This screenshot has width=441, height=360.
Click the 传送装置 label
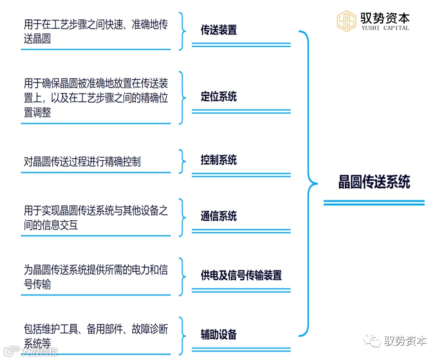click(x=219, y=30)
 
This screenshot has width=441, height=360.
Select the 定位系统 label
click(x=219, y=96)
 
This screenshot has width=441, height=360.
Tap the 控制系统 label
click(x=219, y=160)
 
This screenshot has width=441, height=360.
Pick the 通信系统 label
click(x=219, y=217)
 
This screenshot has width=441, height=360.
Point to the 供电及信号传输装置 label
click(x=241, y=275)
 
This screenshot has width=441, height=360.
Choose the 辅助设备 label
click(x=219, y=334)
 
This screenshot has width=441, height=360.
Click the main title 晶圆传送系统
click(x=374, y=182)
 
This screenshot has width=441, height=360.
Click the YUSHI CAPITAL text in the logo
click(x=385, y=28)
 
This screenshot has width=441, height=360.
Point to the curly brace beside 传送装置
click(x=182, y=31)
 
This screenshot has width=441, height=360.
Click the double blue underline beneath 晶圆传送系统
click(x=374, y=203)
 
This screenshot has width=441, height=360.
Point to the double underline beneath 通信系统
click(x=241, y=231)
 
